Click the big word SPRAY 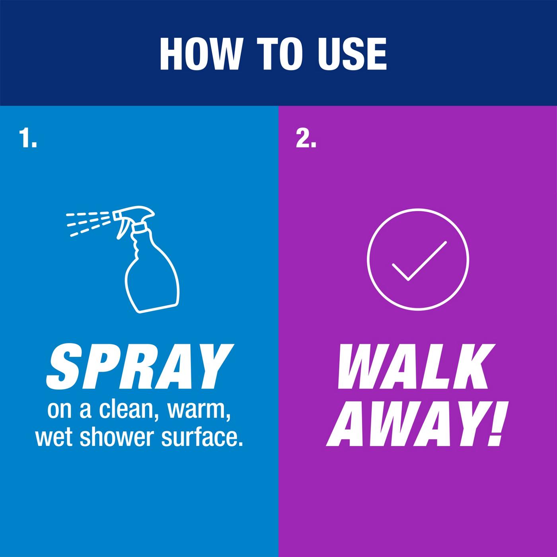pos(140,366)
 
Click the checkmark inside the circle pos(419,261)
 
